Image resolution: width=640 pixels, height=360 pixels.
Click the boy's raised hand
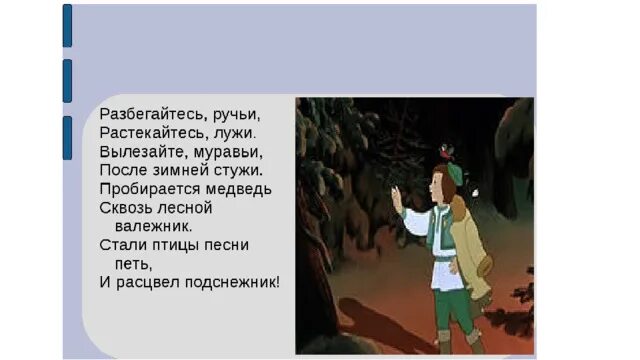pyautogui.click(x=397, y=194)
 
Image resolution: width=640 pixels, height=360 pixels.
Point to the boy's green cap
pyautogui.click(x=453, y=173)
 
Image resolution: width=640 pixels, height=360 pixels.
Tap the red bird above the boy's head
pyautogui.click(x=446, y=150)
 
